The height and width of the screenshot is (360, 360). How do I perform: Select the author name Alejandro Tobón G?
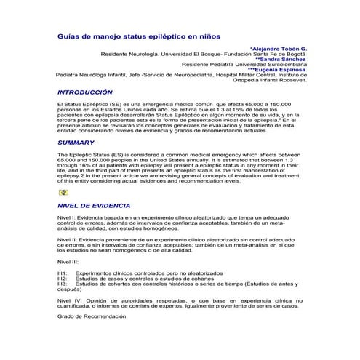point(279,47)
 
